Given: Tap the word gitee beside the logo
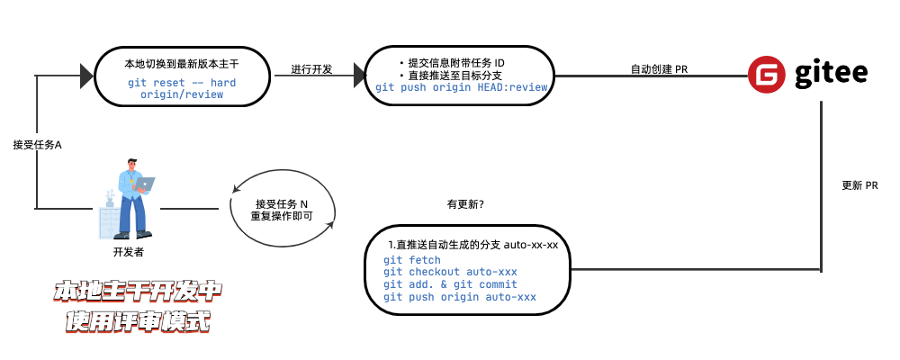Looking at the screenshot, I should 830,74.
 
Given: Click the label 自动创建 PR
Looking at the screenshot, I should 659,69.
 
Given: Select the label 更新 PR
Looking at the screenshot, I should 859,185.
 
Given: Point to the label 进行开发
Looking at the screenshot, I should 311,69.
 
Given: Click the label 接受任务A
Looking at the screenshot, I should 37,144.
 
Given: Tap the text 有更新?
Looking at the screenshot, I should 465,204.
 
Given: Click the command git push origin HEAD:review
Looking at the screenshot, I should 461,87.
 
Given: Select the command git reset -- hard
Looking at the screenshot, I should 182,83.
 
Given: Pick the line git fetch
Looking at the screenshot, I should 412,260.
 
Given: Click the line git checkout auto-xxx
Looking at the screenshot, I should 450,272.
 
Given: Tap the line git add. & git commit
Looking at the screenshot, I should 450,284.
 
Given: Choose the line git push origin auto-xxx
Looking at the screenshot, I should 460,297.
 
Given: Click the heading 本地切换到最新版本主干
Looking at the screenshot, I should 182,65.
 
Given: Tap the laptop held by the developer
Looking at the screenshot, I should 145,184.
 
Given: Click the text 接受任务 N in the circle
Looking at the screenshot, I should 282,203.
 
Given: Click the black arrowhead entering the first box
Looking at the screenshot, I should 86,76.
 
